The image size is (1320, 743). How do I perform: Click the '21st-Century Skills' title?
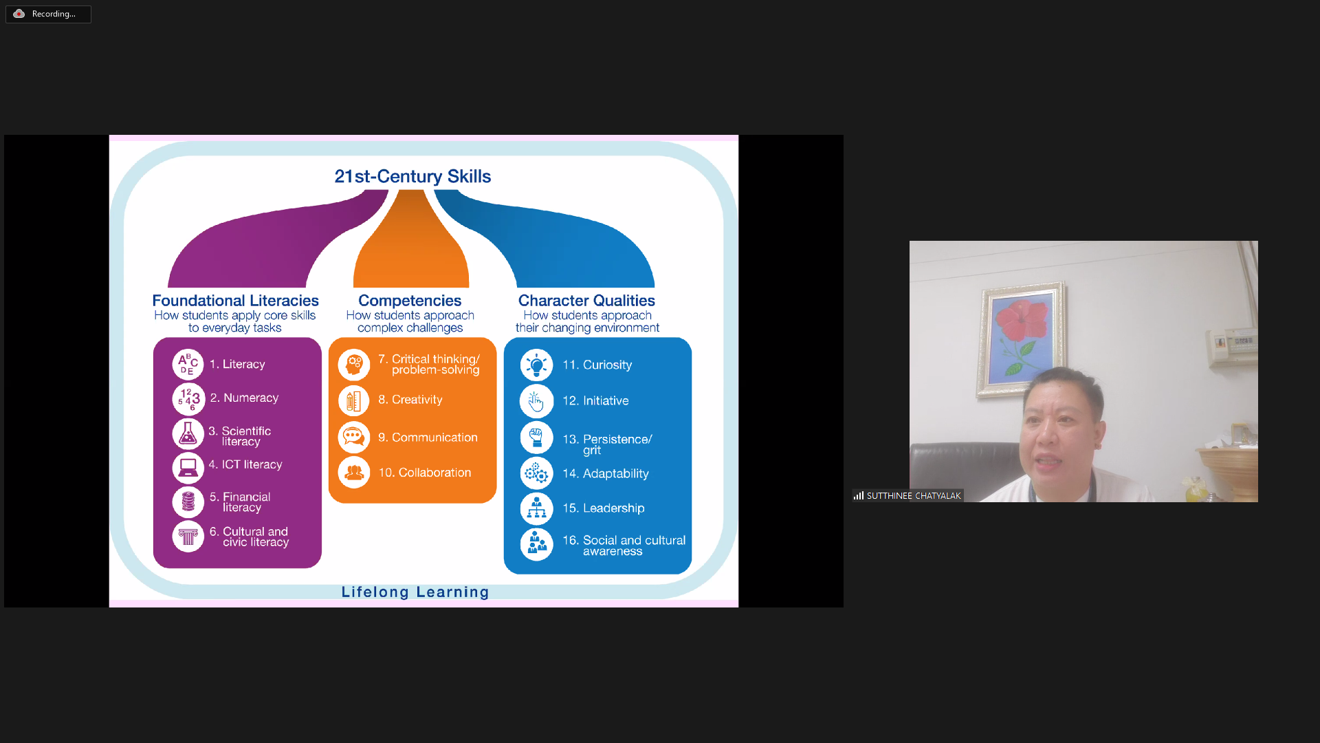click(412, 176)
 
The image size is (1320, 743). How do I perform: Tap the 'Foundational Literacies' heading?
click(235, 301)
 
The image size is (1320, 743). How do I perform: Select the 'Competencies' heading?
click(410, 301)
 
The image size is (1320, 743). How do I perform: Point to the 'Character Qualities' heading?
click(586, 301)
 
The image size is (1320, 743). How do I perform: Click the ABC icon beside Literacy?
click(188, 364)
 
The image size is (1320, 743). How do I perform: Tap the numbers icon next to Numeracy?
click(188, 399)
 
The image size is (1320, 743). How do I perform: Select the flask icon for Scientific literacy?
click(188, 434)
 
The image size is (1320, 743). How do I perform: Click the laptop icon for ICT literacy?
click(188, 468)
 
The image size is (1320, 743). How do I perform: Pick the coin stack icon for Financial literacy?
click(188, 502)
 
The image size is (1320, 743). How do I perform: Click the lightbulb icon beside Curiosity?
click(536, 365)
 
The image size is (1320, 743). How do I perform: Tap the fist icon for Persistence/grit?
click(536, 437)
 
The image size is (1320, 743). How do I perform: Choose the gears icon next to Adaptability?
click(536, 473)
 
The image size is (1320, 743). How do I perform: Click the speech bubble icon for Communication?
click(353, 438)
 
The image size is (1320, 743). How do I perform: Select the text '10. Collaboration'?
click(425, 473)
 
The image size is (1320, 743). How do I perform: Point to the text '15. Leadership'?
click(604, 508)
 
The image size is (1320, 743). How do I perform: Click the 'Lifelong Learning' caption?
click(415, 592)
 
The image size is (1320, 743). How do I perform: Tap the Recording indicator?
click(48, 14)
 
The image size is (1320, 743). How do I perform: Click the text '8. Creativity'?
click(410, 400)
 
